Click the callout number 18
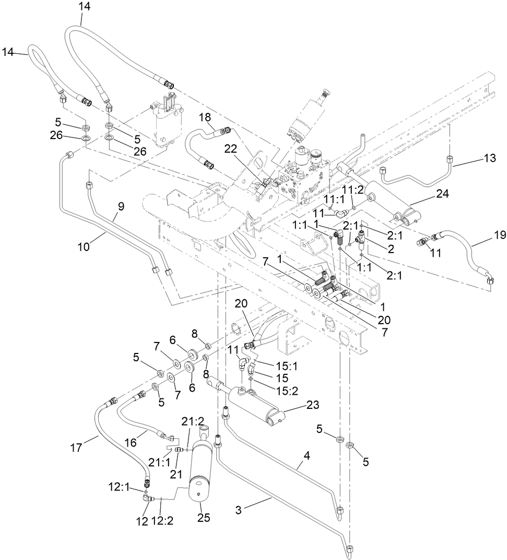pyautogui.click(x=205, y=117)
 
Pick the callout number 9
pyautogui.click(x=121, y=207)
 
